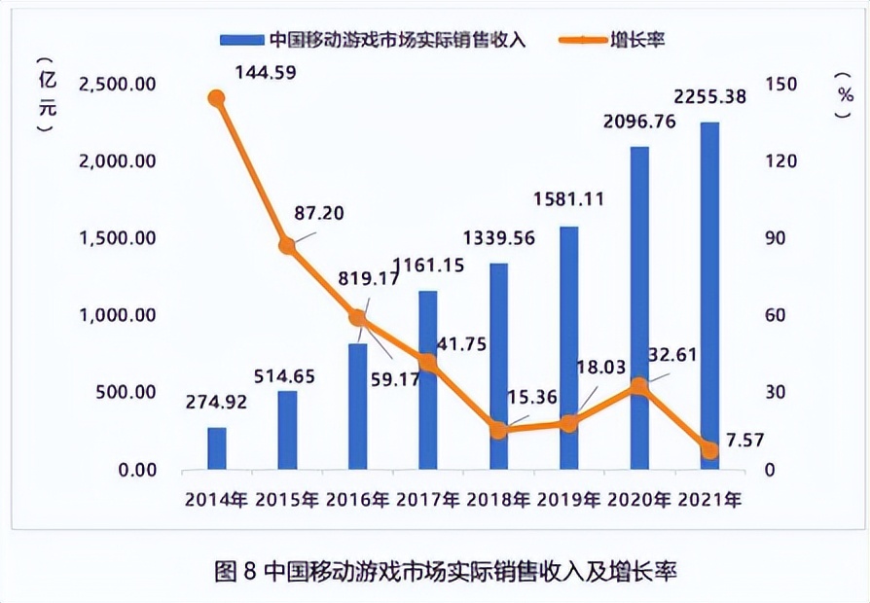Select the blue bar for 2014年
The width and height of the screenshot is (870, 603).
coord(216,448)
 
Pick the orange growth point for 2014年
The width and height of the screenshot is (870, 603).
coord(216,97)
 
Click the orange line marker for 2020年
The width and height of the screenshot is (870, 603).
coord(638,386)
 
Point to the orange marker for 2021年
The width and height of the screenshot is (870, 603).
coord(709,450)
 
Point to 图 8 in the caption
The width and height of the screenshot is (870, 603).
coord(235,571)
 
